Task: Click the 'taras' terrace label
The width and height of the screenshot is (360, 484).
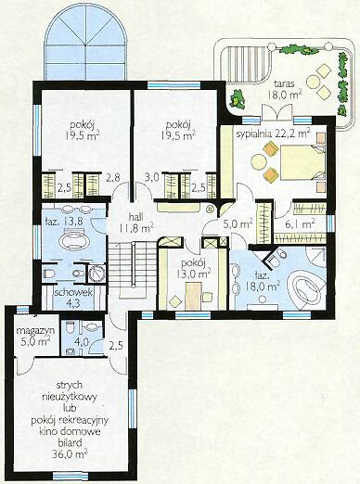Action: point(284,83)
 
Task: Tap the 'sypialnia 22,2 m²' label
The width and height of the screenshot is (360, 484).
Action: point(274,134)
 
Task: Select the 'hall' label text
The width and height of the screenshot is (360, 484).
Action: point(135,217)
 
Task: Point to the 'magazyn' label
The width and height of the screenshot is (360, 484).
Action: point(35,330)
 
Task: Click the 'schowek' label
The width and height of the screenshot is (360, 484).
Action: point(73,292)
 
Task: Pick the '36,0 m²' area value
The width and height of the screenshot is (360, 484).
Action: point(70,454)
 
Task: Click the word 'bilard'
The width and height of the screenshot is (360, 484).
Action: point(70,443)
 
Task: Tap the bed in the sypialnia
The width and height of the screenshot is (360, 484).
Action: point(302,162)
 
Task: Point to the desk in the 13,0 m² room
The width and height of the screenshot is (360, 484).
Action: point(193,296)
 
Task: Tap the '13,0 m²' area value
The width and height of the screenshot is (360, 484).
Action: point(194,274)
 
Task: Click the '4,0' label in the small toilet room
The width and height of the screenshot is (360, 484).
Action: point(83,342)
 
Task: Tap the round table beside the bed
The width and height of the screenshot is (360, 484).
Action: point(259,161)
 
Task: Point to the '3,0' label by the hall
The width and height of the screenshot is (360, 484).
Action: point(152,177)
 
